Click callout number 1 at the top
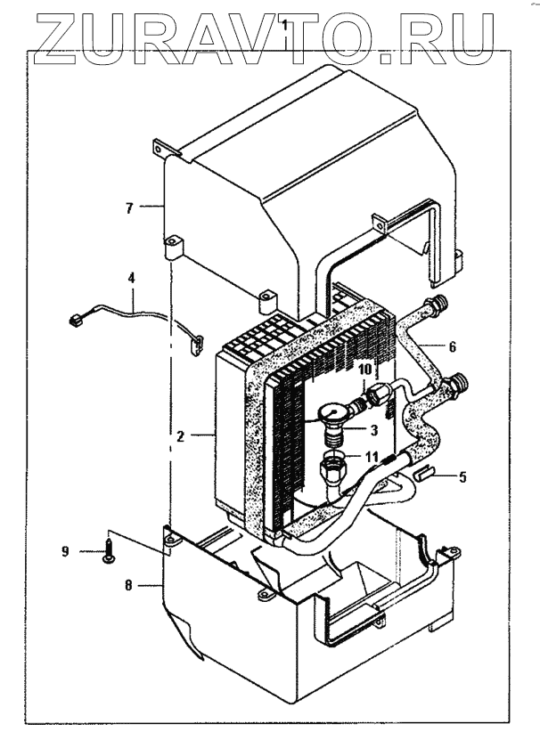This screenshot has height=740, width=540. coord(283,28)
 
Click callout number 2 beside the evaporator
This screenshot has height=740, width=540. coord(181,437)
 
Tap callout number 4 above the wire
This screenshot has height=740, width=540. coord(132,279)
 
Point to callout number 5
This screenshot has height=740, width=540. coord(461,477)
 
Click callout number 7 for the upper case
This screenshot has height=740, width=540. coord(128,209)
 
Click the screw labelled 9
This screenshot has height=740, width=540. coord(108,550)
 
